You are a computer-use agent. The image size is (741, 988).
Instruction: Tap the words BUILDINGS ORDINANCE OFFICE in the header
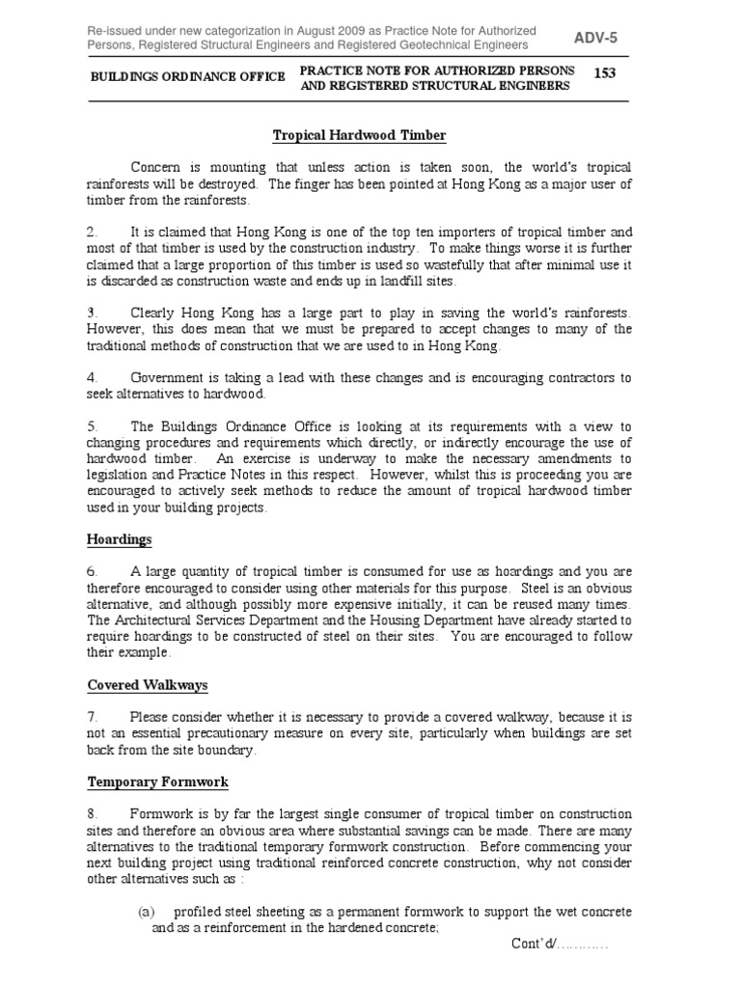click(187, 76)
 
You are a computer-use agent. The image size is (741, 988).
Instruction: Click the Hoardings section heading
click(120, 539)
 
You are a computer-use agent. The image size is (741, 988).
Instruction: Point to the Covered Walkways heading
click(148, 685)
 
